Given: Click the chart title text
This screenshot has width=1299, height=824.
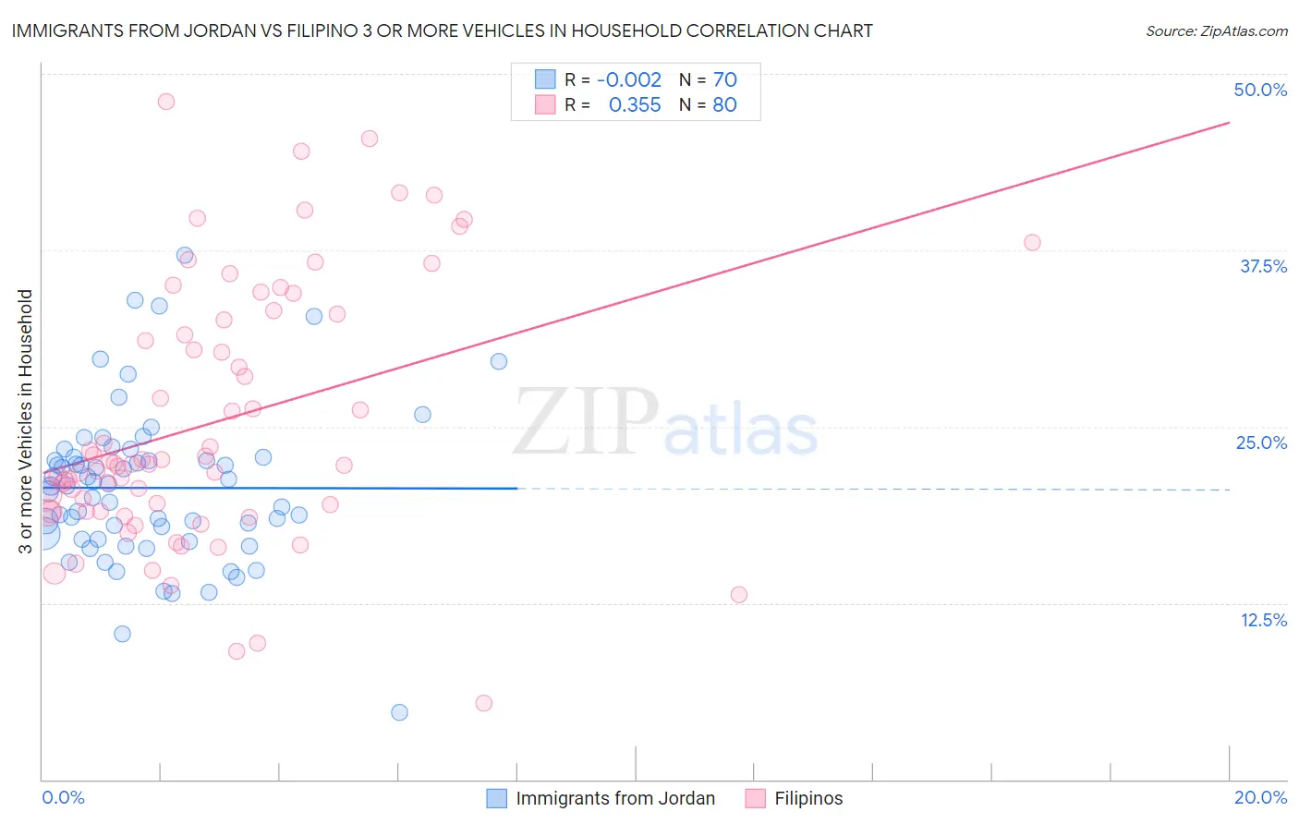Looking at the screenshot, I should [x=442, y=30].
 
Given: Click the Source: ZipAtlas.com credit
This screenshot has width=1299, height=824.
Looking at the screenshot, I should [x=1216, y=31].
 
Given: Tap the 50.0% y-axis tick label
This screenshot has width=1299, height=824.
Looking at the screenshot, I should [x=1260, y=90].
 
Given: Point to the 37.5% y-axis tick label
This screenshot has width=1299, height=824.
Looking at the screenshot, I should [x=1263, y=266].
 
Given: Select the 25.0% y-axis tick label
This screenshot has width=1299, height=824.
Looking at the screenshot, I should [x=1261, y=442].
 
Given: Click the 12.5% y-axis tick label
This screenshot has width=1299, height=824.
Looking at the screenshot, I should [x=1263, y=620].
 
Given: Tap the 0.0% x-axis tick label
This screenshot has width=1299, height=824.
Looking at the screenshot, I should [x=63, y=797].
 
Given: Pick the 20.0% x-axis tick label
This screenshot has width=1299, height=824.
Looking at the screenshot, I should [x=1260, y=797].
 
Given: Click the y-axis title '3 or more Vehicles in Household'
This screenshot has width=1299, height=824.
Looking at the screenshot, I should [x=26, y=421].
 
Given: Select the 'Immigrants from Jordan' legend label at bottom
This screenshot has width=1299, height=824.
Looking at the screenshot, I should [x=615, y=798].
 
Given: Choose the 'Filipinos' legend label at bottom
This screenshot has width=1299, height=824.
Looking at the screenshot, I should [x=808, y=798].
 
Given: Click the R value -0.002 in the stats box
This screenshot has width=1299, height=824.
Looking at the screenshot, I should [x=628, y=80].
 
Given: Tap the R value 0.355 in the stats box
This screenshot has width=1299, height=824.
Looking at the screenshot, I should [x=635, y=105].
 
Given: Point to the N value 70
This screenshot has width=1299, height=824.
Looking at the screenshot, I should [x=724, y=80].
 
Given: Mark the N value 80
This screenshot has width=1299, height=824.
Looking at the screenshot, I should [x=724, y=105].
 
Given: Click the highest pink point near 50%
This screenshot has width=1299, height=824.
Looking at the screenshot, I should [x=166, y=102].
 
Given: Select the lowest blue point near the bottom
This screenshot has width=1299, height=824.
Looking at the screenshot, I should [x=399, y=712].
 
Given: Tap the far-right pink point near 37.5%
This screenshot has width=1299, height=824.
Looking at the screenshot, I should [x=1032, y=242].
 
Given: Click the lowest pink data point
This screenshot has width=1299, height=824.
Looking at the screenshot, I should [x=483, y=703].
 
